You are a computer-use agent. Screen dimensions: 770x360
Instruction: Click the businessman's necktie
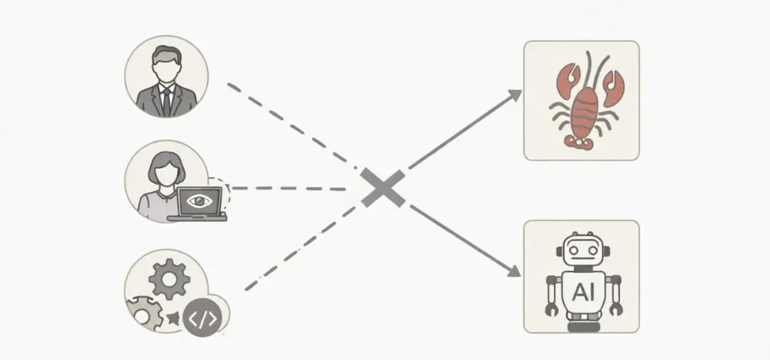166,100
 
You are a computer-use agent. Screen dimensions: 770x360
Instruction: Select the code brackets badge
204,319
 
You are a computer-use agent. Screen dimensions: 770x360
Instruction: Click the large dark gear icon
170,280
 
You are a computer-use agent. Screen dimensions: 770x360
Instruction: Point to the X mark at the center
383,188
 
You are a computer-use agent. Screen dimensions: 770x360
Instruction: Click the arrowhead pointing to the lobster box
515,94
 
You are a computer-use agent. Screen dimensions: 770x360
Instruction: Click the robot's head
582,252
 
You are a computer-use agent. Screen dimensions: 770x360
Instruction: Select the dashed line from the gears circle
299,250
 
